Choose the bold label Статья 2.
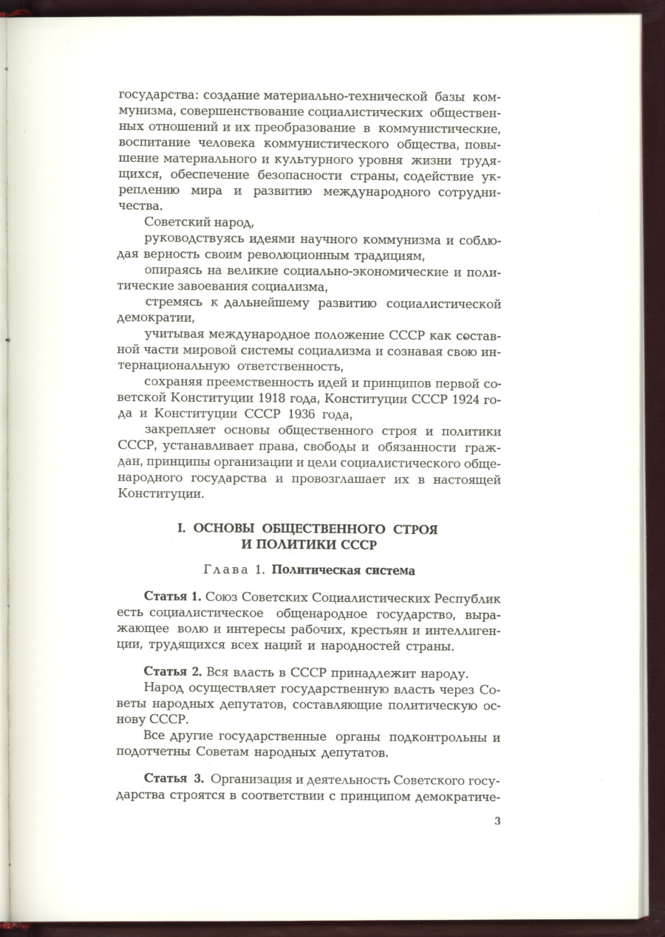pyautogui.click(x=173, y=674)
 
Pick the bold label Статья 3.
pyautogui.click(x=174, y=780)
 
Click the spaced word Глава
pyautogui.click(x=224, y=570)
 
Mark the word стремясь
pyautogui.click(x=174, y=303)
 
